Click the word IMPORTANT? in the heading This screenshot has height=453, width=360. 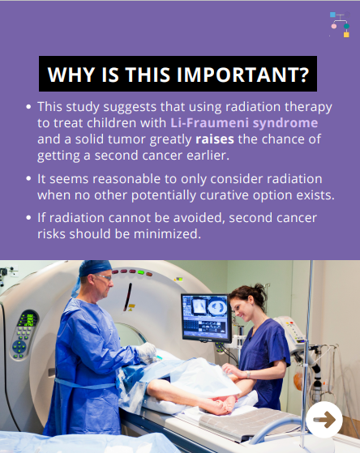pos(243,75)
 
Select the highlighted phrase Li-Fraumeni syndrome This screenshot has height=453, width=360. pos(244,123)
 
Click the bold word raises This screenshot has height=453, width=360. pos(215,139)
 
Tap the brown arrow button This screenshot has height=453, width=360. pos(324,420)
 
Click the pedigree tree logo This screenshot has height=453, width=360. pos(340,24)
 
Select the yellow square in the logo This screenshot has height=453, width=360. pos(346,35)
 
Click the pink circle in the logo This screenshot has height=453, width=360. pos(334,26)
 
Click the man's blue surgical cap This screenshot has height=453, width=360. pos(92,271)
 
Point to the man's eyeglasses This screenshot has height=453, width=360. pos(104,277)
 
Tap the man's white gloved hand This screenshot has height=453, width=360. pos(146,352)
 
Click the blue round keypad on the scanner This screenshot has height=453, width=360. pos(19,347)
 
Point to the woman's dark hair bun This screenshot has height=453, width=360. pos(259,290)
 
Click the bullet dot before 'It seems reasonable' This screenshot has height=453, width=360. pos(28,178)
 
